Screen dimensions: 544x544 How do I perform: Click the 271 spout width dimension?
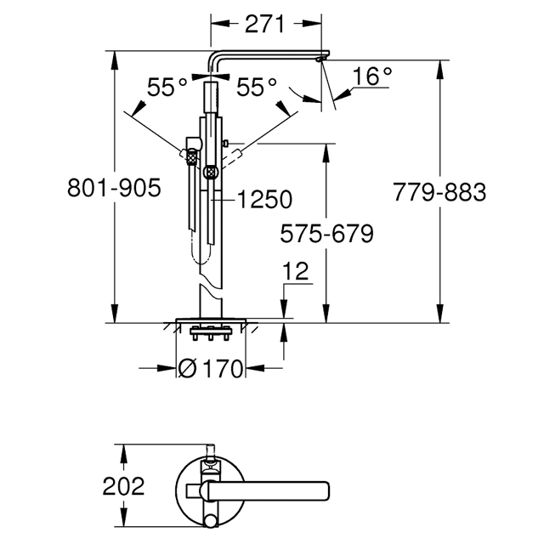click(x=264, y=24)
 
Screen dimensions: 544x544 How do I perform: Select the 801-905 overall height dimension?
click(x=114, y=188)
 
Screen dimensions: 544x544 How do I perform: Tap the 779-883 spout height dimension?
click(x=439, y=192)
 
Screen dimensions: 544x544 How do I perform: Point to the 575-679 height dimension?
click(x=326, y=233)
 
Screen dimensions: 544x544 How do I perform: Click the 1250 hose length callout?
click(x=264, y=200)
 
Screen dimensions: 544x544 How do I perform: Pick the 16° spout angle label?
click(x=372, y=76)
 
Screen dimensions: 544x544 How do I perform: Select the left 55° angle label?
click(x=167, y=87)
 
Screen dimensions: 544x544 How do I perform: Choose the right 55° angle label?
click(x=257, y=87)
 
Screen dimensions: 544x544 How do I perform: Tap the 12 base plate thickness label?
click(x=295, y=271)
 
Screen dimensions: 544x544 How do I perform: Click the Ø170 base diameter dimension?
click(x=210, y=368)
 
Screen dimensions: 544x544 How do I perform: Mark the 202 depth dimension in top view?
click(x=123, y=486)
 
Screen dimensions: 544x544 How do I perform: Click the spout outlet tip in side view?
click(x=320, y=60)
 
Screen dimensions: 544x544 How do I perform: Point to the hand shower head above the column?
click(x=211, y=98)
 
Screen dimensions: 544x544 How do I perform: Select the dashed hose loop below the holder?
click(x=201, y=248)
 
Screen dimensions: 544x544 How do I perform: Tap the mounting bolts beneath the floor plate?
click(x=211, y=333)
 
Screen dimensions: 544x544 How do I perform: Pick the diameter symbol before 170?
click(x=188, y=368)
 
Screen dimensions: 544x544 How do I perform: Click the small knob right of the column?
click(x=226, y=143)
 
